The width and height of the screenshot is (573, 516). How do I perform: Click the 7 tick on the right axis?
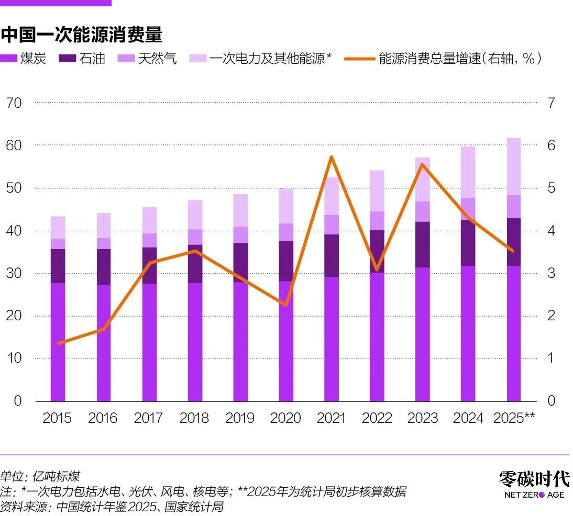551,103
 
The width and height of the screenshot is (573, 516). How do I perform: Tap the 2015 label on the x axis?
57,418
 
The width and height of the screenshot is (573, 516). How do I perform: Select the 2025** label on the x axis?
514,418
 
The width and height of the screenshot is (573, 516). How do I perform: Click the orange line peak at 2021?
332,157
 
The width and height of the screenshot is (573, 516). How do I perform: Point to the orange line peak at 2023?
422,165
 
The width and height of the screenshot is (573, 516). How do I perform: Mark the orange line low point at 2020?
286,305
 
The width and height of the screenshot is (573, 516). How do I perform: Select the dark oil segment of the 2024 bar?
468,243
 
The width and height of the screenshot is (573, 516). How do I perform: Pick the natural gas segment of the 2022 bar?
377,221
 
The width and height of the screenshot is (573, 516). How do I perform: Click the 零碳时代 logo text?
533,478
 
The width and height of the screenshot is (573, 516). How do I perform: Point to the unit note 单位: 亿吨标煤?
40,476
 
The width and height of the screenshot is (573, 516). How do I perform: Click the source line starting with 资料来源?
112,507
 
